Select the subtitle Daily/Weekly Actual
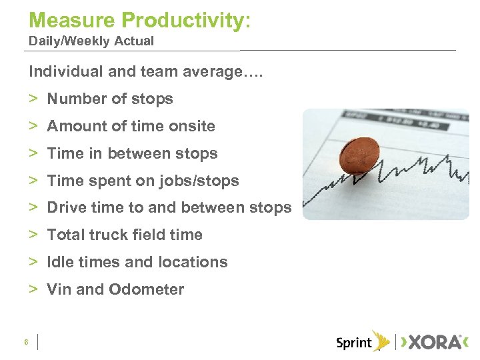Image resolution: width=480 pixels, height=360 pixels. [x=91, y=41]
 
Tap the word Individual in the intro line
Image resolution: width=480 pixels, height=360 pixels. [x=64, y=71]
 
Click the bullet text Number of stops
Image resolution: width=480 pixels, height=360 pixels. [x=110, y=99]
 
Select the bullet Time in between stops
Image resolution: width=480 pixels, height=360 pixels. [x=132, y=153]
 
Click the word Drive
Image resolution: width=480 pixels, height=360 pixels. [x=66, y=207]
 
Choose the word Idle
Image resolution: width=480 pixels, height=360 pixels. [x=60, y=262]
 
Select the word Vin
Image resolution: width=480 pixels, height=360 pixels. [x=59, y=289]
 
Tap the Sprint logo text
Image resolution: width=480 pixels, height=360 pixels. [x=353, y=343]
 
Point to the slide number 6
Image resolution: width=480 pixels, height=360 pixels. [x=25, y=342]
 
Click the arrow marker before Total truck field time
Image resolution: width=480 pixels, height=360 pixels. [x=33, y=235]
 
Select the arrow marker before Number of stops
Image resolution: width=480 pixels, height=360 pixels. [x=33, y=99]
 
